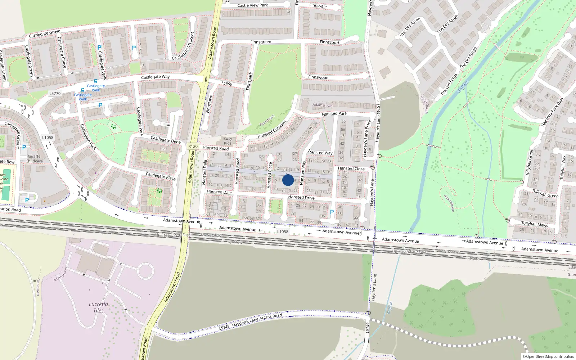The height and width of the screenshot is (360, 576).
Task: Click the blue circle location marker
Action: (288, 180)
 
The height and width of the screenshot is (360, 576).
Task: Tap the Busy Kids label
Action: (228, 141)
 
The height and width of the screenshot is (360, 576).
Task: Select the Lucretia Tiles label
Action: (98, 307)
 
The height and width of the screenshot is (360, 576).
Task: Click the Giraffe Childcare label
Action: (34, 159)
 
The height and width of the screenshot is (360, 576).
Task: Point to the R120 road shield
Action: (193, 146)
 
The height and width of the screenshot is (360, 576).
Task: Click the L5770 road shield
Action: (55, 93)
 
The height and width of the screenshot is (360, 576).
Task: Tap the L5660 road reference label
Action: (227, 84)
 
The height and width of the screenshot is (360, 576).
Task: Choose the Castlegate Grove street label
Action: (44, 33)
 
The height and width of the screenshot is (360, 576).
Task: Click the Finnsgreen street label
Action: (261, 42)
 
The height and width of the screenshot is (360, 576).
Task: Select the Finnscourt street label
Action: (329, 42)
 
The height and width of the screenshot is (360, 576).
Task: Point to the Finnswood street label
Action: (318, 77)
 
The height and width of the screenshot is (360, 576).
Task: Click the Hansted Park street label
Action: (334, 114)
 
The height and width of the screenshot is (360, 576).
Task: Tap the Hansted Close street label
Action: (351, 168)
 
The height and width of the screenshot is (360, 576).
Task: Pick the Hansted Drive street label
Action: (301, 197)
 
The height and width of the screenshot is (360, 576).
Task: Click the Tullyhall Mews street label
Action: (535, 224)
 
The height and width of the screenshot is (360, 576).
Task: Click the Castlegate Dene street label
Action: (165, 139)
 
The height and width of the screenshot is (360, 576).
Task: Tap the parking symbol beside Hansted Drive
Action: (332, 212)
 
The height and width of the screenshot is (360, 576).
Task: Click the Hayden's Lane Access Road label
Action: (257, 321)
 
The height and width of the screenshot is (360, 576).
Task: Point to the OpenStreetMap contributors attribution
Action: (548, 356)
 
